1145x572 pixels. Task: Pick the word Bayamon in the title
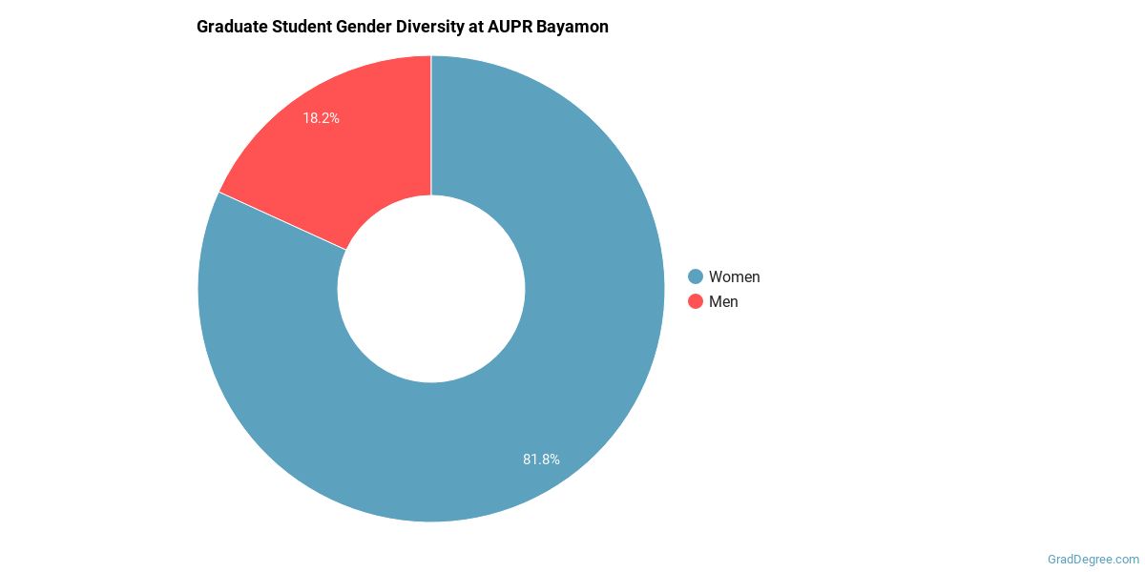(x=575, y=27)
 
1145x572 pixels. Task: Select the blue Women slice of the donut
(x=534, y=400)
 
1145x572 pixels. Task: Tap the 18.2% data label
(x=322, y=119)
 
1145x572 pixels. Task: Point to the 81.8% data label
(x=541, y=460)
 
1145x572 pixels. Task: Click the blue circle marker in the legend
(x=696, y=276)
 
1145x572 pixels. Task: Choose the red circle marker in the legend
(x=696, y=301)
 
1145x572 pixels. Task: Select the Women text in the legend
(x=734, y=276)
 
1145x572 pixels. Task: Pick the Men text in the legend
(x=723, y=301)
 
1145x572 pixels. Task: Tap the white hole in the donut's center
(x=431, y=289)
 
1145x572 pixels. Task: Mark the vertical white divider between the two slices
(x=431, y=124)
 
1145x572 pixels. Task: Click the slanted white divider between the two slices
(x=282, y=221)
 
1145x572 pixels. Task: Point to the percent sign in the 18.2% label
(x=334, y=119)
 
